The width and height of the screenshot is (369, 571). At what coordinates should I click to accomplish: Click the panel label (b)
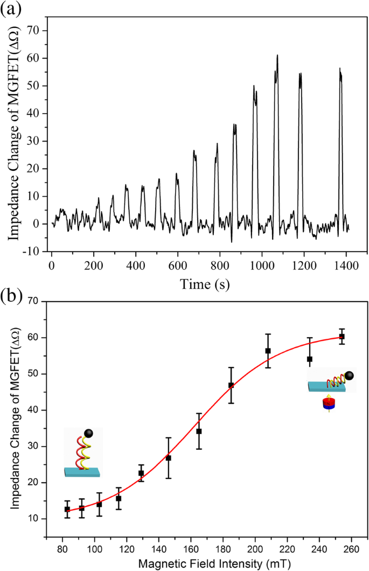point(11,296)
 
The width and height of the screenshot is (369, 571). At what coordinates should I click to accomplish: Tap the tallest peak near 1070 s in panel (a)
point(277,56)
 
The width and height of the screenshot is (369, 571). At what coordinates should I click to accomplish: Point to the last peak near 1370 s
point(340,69)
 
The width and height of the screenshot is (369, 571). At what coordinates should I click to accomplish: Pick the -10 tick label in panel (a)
point(35,251)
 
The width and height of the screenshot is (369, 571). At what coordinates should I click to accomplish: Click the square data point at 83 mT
point(67,509)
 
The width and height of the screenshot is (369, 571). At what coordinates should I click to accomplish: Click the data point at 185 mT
point(231,385)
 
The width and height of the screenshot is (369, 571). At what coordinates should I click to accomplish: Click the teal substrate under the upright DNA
point(82,472)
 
